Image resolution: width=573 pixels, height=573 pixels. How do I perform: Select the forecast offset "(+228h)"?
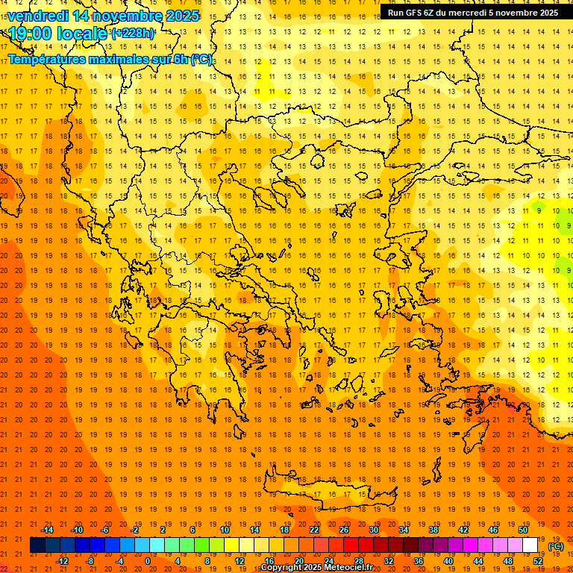(x=133, y=34)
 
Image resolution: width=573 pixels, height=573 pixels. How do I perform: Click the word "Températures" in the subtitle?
(x=51, y=59)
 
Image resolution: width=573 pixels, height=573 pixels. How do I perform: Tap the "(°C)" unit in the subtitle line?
(x=201, y=59)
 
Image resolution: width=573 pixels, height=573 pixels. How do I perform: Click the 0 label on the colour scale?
(x=148, y=561)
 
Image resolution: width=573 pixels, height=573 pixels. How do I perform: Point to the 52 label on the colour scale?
(x=537, y=561)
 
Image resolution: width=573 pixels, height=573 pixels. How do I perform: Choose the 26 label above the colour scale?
(x=344, y=530)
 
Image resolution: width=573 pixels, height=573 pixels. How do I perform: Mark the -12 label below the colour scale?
(x=62, y=561)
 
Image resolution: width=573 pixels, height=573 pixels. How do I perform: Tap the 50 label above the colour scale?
(x=522, y=530)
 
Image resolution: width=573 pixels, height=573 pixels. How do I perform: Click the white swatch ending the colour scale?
(x=530, y=545)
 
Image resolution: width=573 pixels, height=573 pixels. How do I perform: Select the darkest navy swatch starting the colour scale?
(x=37, y=545)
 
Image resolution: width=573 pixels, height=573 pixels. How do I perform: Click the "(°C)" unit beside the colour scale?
(x=555, y=546)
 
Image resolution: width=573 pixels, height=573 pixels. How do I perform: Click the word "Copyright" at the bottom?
(x=281, y=568)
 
